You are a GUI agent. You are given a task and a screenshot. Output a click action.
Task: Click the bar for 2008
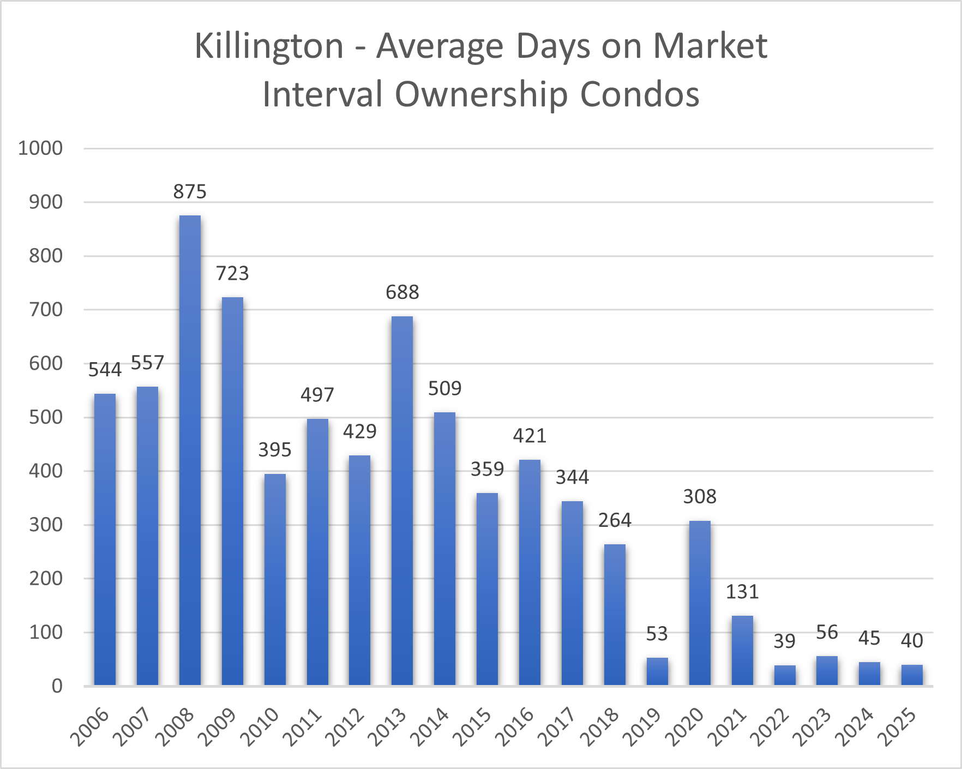pyautogui.click(x=190, y=450)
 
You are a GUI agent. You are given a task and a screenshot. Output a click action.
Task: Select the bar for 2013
pyautogui.click(x=402, y=501)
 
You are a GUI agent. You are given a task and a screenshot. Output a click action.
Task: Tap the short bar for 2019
pyautogui.click(x=657, y=671)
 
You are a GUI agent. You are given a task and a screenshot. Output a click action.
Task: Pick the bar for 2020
pyautogui.click(x=700, y=603)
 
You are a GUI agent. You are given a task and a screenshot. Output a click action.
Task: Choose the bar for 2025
pyautogui.click(x=912, y=675)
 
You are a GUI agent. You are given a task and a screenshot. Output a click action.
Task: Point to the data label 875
pyautogui.click(x=190, y=192)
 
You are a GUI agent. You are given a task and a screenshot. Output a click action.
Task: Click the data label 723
pyautogui.click(x=232, y=273)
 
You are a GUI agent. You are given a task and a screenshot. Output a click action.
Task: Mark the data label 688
pyautogui.click(x=402, y=292)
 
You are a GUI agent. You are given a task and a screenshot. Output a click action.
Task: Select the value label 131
pyautogui.click(x=742, y=592)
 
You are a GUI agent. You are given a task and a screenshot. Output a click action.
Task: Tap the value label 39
pyautogui.click(x=784, y=641)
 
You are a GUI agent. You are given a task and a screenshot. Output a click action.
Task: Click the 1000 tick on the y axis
pyautogui.click(x=40, y=148)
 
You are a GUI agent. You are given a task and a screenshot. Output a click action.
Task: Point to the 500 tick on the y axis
pyautogui.click(x=46, y=417)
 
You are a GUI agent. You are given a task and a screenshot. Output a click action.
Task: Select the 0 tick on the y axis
pyautogui.click(x=57, y=686)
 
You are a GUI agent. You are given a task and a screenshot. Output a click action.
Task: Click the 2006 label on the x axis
pyautogui.click(x=92, y=726)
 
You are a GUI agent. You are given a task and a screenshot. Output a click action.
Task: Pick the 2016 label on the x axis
pyautogui.click(x=516, y=726)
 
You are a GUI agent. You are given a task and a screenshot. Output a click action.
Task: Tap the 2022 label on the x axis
pyautogui.click(x=771, y=726)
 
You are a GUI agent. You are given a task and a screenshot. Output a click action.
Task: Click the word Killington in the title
pyautogui.click(x=269, y=46)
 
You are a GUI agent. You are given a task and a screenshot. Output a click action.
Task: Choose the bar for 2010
pyautogui.click(x=275, y=579)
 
